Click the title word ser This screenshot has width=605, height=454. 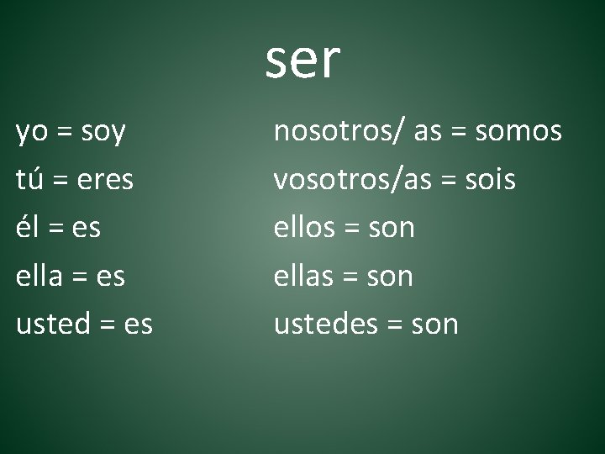(x=302, y=61)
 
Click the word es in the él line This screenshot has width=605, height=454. (x=87, y=228)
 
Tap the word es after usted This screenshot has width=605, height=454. (x=138, y=324)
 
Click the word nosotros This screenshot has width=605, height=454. (x=329, y=132)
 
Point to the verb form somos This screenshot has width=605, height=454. (x=519, y=132)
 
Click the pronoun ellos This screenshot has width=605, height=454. (x=306, y=227)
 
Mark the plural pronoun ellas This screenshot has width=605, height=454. (x=305, y=275)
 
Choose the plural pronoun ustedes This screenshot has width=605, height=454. (x=326, y=324)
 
